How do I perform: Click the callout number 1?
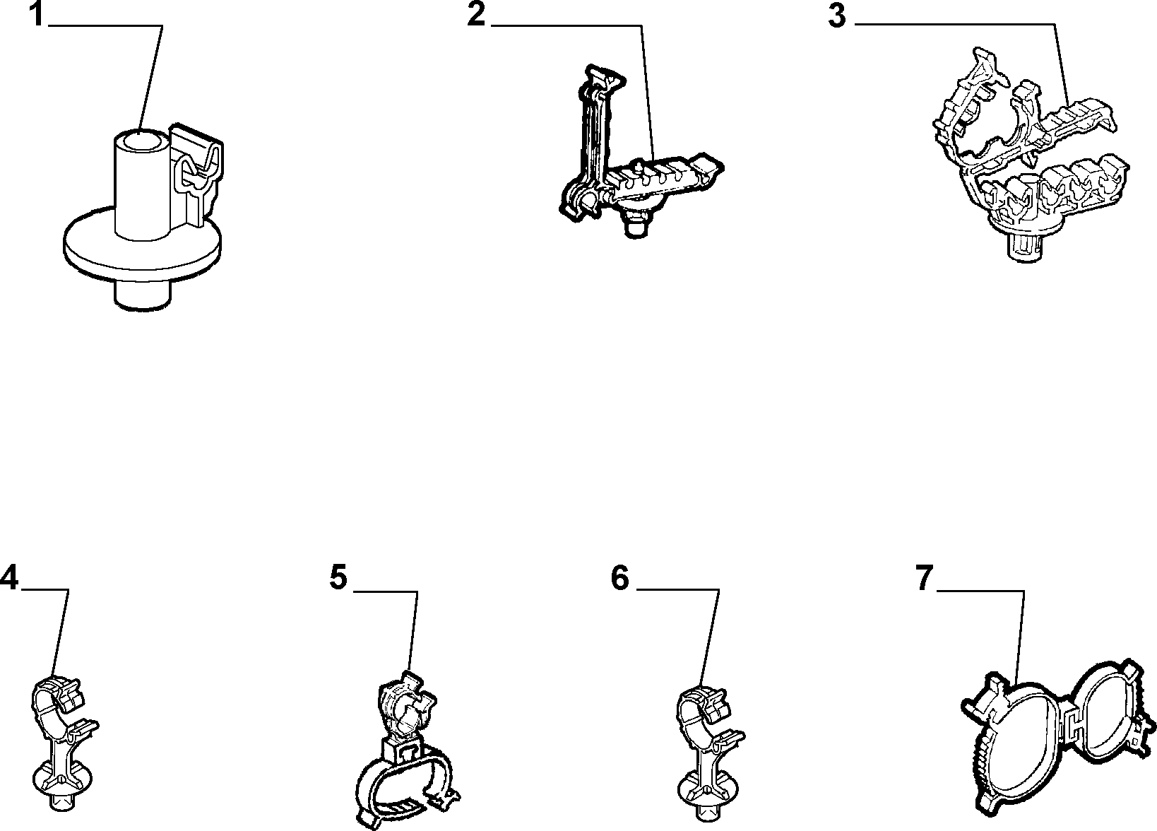[x=35, y=13]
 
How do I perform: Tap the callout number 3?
[x=837, y=16]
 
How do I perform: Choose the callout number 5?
[x=339, y=577]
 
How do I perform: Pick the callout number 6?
[x=620, y=577]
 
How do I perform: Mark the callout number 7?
[x=925, y=577]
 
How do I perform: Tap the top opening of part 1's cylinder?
[x=141, y=140]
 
